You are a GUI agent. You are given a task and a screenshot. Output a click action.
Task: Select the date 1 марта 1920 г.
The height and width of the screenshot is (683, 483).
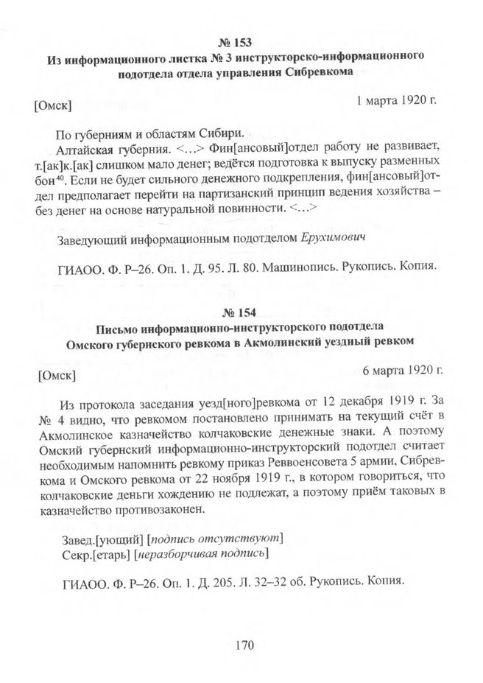[x=398, y=99]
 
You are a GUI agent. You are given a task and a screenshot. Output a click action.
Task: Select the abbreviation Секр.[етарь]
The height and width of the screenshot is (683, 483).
[x=88, y=553]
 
